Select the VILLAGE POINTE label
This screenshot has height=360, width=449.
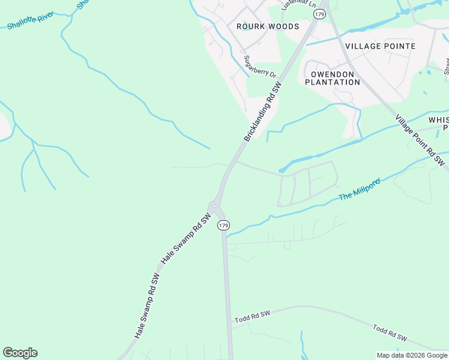click(379, 46)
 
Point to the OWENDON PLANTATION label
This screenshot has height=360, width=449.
click(333, 78)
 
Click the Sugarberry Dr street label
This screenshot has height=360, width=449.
click(259, 67)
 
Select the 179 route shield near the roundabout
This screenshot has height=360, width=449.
click(223, 225)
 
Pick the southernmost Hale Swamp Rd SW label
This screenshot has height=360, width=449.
click(147, 307)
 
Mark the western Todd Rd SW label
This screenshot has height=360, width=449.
click(253, 316)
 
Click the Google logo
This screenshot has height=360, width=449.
click(20, 353)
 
